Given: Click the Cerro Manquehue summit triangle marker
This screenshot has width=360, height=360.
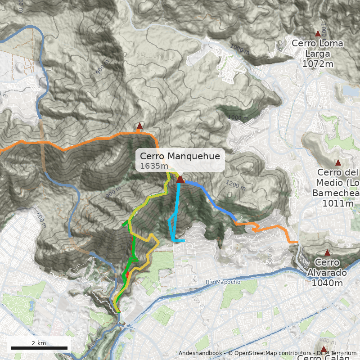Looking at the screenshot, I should [x=180, y=180].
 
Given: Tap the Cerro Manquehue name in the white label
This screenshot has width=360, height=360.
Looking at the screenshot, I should [x=180, y=156].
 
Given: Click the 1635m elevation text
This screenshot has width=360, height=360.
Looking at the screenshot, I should [x=150, y=166].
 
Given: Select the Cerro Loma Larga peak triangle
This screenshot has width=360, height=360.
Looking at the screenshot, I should [x=318, y=33].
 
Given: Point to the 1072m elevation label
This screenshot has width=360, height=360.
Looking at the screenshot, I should [x=318, y=64].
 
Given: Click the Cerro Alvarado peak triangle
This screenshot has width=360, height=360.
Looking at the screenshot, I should [x=327, y=253].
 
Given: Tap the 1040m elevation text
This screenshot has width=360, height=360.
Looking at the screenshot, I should [x=327, y=283].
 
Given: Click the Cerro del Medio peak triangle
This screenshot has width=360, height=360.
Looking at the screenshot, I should [x=338, y=163].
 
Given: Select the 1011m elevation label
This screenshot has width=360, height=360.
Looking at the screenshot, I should [x=337, y=203].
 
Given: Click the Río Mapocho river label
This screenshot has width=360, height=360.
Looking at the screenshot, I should [x=223, y=282].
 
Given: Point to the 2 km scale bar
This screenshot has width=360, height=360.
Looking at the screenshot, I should [x=39, y=347].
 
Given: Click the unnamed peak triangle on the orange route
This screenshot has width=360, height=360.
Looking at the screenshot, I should [x=140, y=126].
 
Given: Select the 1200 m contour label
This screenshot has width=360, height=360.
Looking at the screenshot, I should [x=235, y=184].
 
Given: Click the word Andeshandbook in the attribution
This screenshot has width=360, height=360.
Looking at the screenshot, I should [x=200, y=353].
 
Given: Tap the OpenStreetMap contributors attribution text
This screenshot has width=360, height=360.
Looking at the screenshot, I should [x=270, y=353].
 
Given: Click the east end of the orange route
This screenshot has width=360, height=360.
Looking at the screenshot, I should [x=297, y=242].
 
